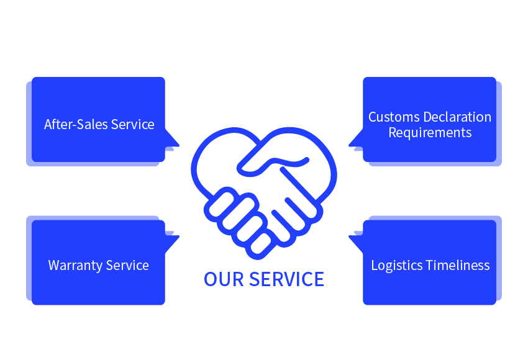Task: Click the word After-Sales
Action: [x=76, y=125]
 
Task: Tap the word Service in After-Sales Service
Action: [x=133, y=125]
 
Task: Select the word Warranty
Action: [x=75, y=266]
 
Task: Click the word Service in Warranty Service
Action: [x=127, y=266]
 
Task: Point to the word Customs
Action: [x=394, y=117]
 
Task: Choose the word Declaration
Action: [x=457, y=117]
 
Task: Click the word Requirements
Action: [x=430, y=133]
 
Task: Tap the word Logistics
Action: [x=397, y=266]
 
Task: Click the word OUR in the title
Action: [x=224, y=279]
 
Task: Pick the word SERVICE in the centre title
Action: [x=286, y=279]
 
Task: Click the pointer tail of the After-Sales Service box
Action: [x=173, y=138]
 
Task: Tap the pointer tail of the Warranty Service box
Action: [x=173, y=243]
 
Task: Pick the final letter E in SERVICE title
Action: [x=319, y=279]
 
